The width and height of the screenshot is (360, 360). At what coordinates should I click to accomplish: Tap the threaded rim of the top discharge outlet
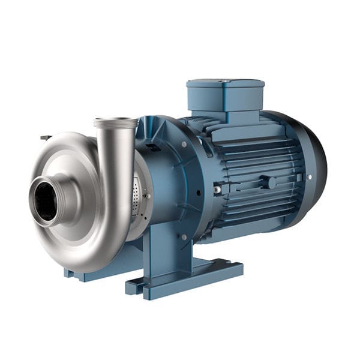(x=115, y=123)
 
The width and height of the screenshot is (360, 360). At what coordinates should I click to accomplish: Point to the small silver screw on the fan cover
(x=310, y=177)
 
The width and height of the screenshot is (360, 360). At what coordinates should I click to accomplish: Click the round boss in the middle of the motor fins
(x=271, y=182)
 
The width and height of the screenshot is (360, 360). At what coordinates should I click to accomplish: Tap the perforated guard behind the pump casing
(x=139, y=195)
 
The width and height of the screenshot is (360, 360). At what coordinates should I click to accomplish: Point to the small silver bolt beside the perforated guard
(x=148, y=195)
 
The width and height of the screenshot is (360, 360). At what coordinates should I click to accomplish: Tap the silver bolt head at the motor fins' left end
(x=217, y=190)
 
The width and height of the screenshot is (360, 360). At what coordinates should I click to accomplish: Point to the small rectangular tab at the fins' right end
(x=299, y=177)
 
